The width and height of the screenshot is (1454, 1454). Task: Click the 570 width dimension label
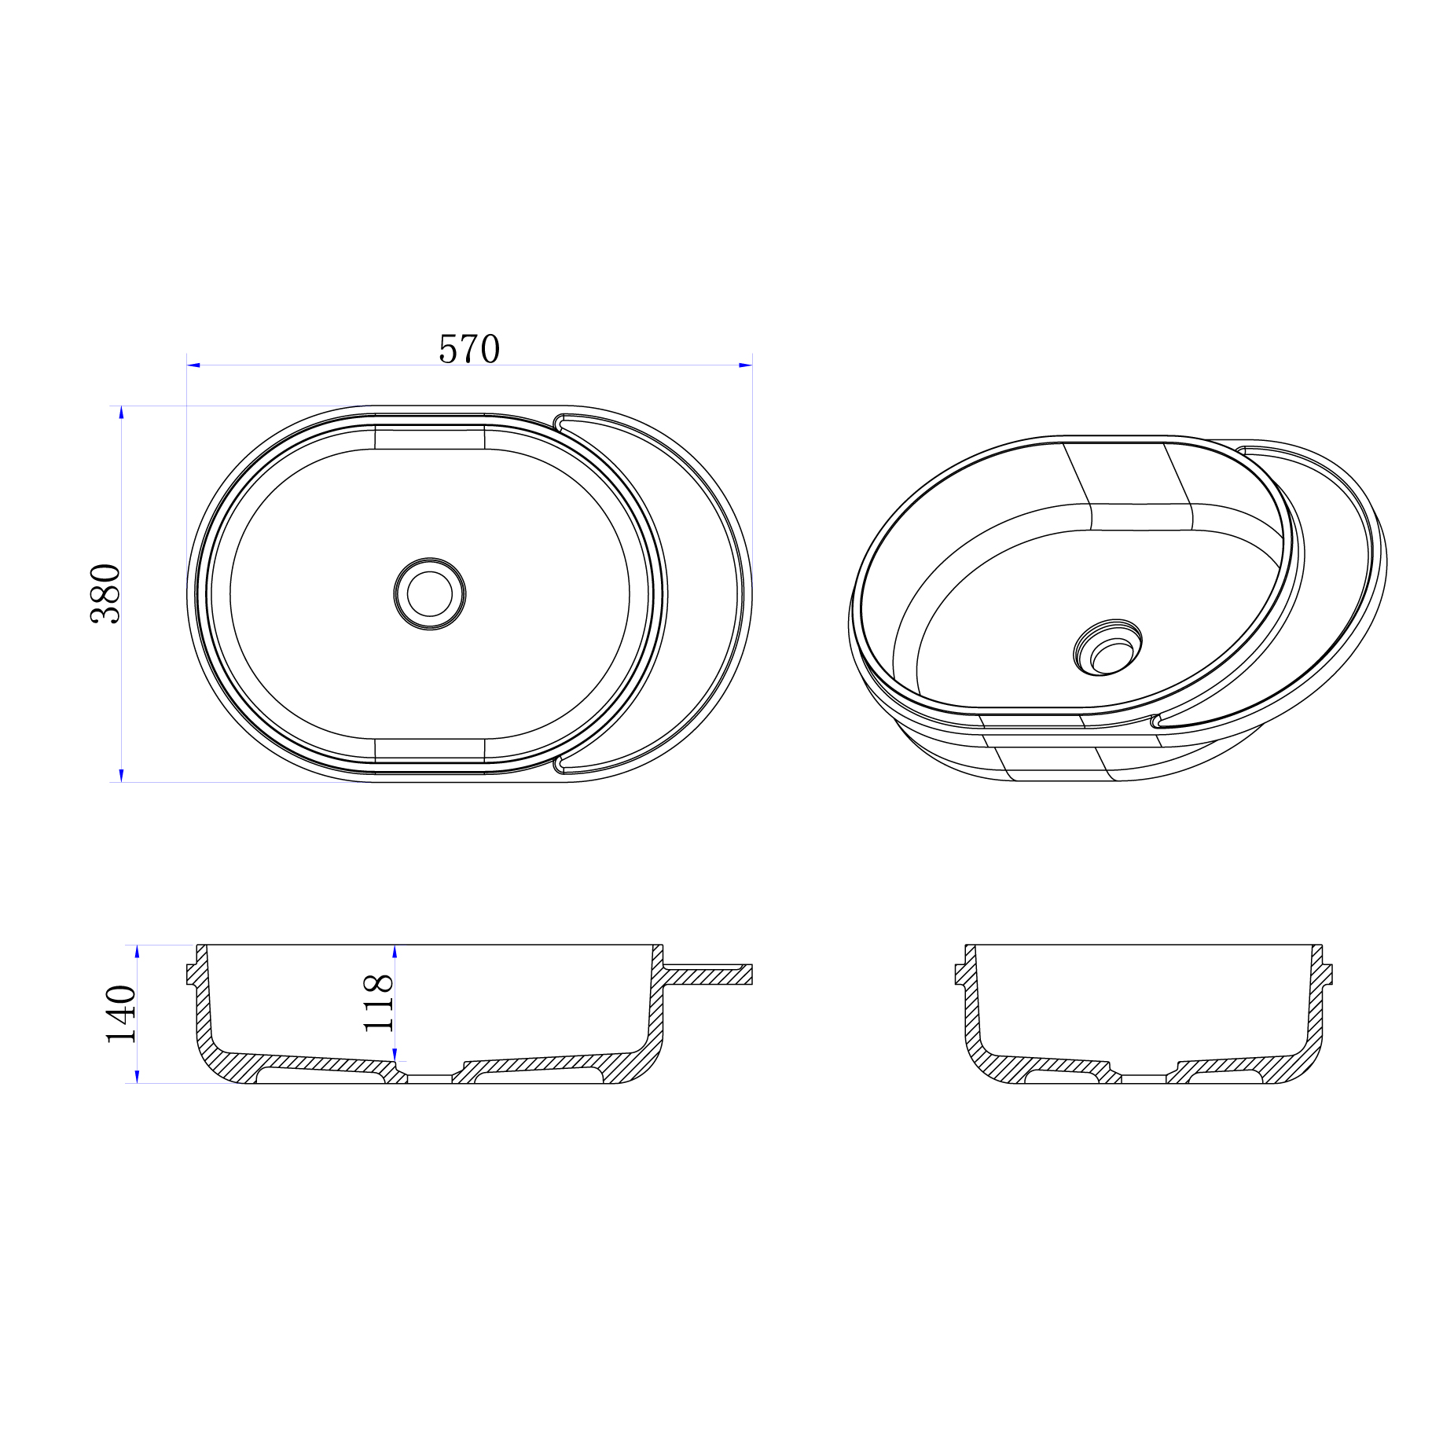coord(469,349)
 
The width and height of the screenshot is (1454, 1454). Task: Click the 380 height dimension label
coord(105,593)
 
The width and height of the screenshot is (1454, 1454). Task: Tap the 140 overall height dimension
coord(121,1014)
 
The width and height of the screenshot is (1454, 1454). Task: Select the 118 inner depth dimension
coord(378,1002)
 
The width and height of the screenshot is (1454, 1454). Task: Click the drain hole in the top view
coord(430,593)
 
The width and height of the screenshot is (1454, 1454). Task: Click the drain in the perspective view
coord(1108,647)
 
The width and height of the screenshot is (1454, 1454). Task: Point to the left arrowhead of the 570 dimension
coord(193,365)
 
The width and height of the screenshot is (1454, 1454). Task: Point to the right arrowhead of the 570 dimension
coord(745,365)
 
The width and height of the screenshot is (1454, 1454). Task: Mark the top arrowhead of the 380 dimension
coord(121,413)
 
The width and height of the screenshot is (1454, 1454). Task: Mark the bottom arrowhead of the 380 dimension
coord(121,775)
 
